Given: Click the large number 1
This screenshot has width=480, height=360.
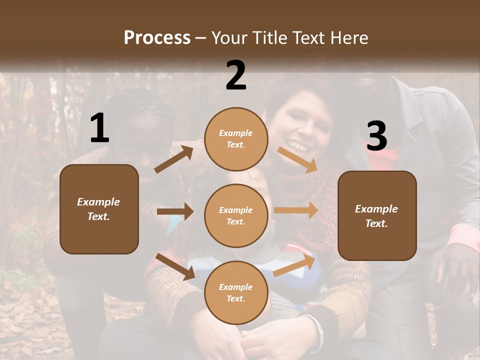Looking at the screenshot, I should [x=99, y=128].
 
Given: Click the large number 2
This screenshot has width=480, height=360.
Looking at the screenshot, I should [x=236, y=75].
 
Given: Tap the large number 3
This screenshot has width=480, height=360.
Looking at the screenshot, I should [x=376, y=136].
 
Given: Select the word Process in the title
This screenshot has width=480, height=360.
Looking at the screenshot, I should [x=157, y=37].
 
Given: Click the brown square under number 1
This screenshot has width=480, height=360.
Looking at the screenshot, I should [x=99, y=209].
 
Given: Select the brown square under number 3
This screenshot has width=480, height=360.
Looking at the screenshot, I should [x=377, y=216].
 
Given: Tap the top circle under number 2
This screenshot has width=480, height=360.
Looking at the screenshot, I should [x=236, y=139].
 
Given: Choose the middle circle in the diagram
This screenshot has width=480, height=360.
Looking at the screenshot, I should [x=236, y=215].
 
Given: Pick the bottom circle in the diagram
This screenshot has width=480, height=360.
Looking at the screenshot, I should [x=236, y=292].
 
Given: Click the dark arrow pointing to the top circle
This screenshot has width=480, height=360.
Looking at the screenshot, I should [x=173, y=159].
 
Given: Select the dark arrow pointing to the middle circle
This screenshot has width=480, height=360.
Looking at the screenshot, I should [x=175, y=211].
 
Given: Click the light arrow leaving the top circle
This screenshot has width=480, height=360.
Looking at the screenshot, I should [x=297, y=159].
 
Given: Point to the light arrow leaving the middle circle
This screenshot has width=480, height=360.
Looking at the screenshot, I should [x=295, y=210].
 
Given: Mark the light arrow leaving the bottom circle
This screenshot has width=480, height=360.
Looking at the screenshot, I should [x=294, y=265].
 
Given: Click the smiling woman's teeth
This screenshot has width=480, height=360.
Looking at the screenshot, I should [x=298, y=146].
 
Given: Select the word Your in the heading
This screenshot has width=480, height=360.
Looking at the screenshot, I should [x=227, y=37].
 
